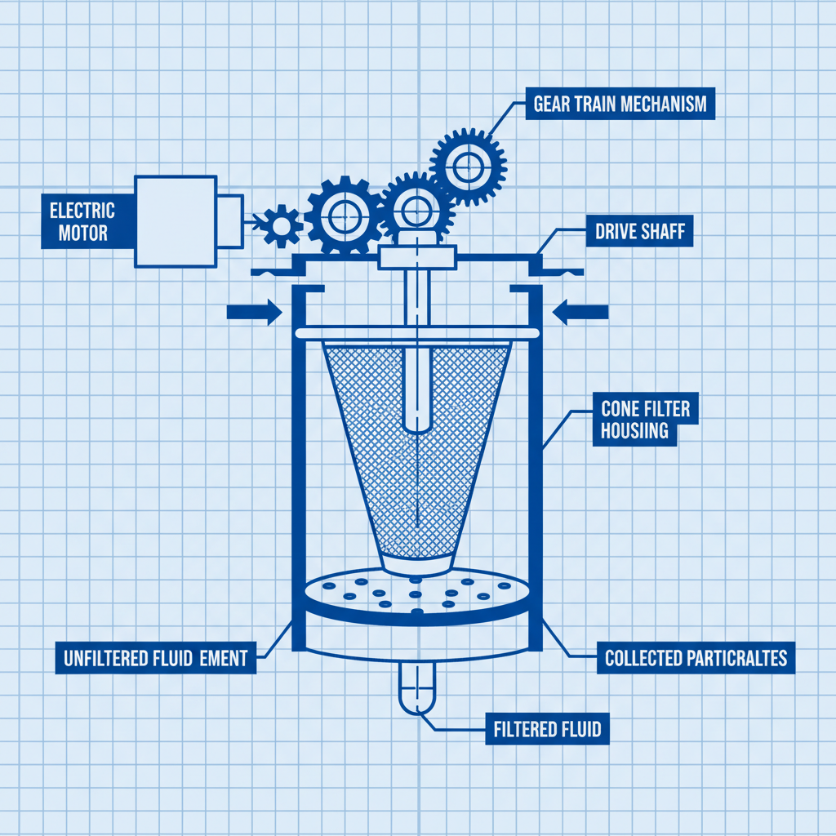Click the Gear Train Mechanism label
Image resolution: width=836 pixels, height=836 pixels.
(x=620, y=104)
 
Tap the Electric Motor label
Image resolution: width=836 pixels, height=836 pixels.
(x=82, y=221)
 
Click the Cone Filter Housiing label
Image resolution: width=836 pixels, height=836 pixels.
(x=645, y=420)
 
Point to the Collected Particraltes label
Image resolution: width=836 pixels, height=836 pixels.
(x=696, y=658)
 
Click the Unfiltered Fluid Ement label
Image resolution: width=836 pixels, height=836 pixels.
(x=155, y=658)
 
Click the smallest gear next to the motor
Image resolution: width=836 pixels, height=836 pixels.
(x=282, y=225)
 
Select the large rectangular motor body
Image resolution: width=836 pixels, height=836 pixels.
(x=176, y=221)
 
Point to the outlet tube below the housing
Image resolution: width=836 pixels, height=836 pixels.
(x=417, y=686)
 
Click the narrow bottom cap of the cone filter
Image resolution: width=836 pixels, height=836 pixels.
(x=416, y=562)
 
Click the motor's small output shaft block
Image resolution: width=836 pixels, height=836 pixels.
(x=229, y=221)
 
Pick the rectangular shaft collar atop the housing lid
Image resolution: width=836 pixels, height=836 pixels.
(x=416, y=258)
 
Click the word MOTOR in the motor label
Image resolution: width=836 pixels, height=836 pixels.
(x=82, y=233)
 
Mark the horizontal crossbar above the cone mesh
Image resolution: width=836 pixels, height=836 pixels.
(x=416, y=333)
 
